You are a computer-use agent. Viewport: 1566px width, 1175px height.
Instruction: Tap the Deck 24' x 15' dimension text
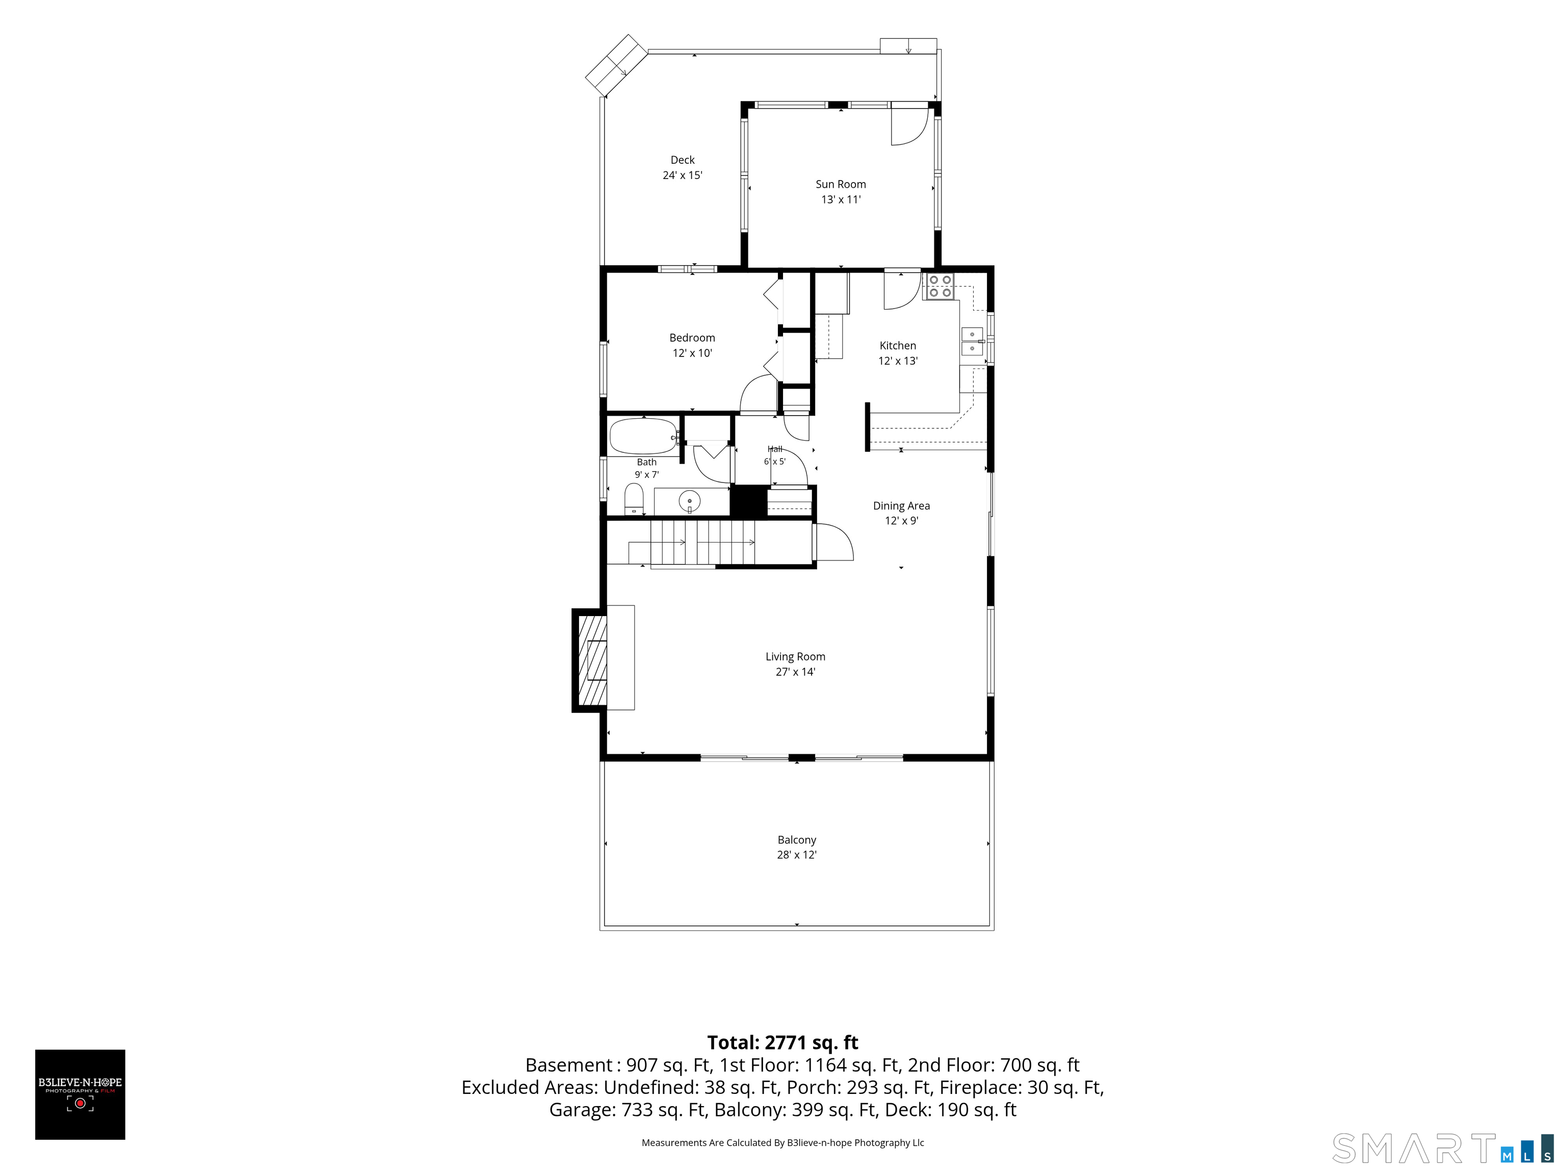[683, 175]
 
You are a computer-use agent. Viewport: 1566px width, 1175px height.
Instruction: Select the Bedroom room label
[692, 338]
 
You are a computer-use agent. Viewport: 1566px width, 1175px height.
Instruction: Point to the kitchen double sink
[972, 341]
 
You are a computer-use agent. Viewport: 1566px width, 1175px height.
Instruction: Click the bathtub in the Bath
[643, 436]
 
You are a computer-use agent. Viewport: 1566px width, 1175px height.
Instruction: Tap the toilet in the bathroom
[634, 500]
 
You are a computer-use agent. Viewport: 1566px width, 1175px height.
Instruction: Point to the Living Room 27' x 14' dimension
[795, 672]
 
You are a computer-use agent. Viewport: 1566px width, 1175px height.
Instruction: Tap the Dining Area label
[901, 506]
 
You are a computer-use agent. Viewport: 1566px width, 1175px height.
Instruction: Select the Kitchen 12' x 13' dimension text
[898, 361]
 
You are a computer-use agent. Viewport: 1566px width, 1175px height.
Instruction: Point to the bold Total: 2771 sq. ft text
[782, 1042]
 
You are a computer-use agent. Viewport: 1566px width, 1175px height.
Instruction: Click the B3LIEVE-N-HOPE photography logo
[80, 1094]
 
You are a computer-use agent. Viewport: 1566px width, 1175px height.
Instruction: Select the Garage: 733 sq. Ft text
[627, 1109]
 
